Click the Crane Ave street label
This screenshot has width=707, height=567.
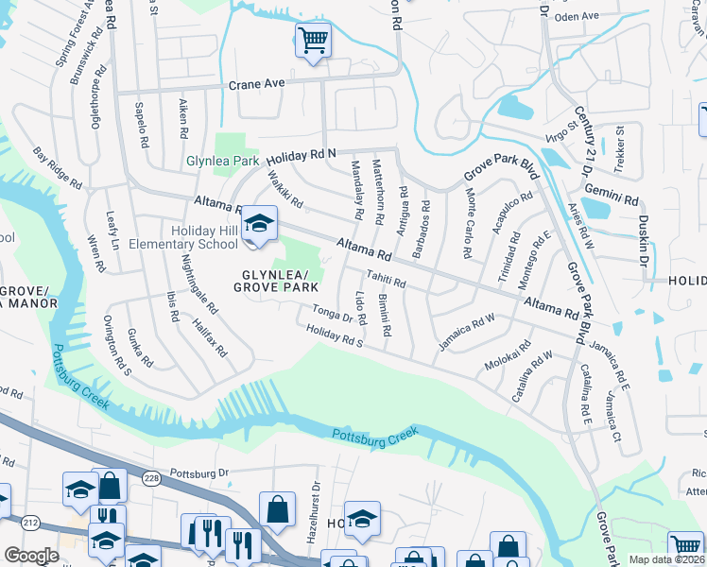256,83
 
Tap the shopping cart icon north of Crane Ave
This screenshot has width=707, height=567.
313,41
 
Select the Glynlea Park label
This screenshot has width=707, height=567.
222,161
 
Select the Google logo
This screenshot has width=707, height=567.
31,555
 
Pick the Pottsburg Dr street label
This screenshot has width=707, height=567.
199,472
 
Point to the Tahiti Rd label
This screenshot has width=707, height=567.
386,280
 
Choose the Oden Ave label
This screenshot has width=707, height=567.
578,16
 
